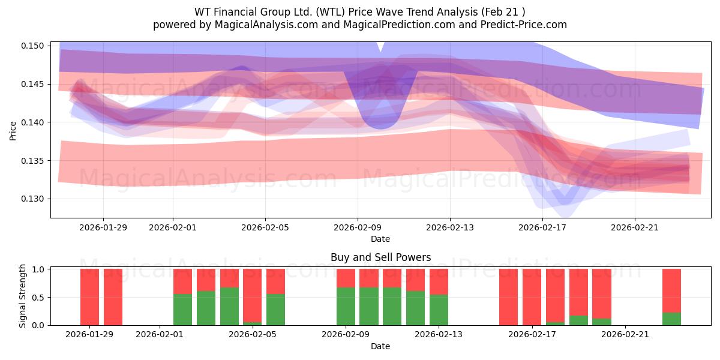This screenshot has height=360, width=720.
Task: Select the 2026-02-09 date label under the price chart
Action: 358,227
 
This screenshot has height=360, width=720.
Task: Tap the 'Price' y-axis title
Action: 13,130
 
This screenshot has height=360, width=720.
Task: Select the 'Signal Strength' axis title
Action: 23,295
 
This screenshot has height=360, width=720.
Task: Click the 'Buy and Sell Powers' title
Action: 380,257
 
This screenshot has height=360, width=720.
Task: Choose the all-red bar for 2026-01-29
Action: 89,297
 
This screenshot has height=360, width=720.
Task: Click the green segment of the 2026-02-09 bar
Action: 346,306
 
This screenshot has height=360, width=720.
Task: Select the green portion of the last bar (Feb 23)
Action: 671,319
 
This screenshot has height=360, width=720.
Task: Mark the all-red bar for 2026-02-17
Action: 532,297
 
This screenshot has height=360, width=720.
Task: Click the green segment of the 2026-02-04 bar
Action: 229,306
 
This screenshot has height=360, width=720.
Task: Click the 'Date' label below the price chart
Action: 380,239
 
